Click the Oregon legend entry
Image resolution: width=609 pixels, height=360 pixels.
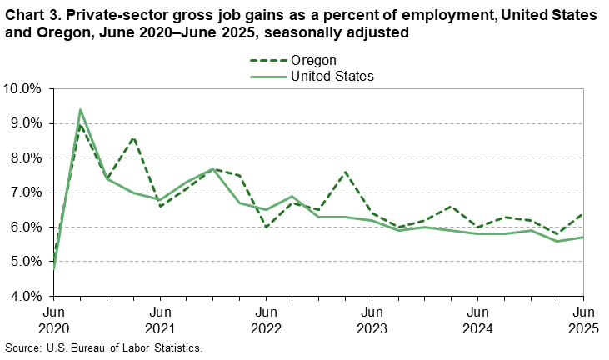point(312,60)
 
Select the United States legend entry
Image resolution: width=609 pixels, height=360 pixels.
point(331,76)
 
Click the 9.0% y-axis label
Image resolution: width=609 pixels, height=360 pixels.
point(25,123)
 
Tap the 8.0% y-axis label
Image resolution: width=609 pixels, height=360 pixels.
point(25,157)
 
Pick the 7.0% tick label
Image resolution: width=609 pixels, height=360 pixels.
point(25,192)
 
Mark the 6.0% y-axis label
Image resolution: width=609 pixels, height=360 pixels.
point(25,227)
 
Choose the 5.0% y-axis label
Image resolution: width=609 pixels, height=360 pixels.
point(25,262)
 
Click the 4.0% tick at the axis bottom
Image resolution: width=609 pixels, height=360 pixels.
point(25,296)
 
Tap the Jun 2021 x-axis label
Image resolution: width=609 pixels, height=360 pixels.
point(160,319)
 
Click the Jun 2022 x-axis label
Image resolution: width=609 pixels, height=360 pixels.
point(266,319)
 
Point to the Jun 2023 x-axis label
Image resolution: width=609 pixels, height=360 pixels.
point(372,319)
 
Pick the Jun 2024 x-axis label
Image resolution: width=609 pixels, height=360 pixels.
point(477,319)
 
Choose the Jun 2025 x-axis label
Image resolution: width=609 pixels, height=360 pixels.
point(582,319)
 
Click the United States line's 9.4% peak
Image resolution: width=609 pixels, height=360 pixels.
point(80,109)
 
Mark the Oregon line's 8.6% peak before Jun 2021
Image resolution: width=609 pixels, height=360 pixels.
point(133,137)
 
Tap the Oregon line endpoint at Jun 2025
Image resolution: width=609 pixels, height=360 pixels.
point(583,213)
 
